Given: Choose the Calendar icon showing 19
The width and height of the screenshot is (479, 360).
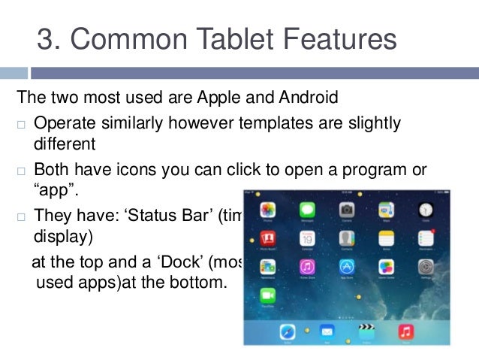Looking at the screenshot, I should pos(307,239).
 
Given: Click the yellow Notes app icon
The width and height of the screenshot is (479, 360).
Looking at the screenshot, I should pos(386,239).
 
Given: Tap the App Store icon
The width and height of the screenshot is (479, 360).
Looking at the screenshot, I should pos(347,267).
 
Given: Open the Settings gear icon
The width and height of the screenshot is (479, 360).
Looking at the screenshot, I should pos(426,267).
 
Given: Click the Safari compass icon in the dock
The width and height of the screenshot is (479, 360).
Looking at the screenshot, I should pos(288,331).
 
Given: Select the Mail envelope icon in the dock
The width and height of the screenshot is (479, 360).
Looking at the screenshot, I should pos(327,331).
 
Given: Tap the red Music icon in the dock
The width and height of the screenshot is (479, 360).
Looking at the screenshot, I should pos(405,331).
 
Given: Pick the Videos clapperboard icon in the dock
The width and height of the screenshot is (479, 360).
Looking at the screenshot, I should pos(366,331).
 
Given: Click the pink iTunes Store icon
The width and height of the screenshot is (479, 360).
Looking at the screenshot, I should pos(307,267).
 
